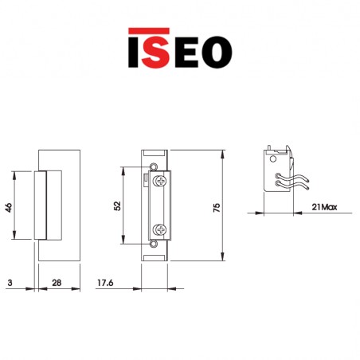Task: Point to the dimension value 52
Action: (x=117, y=205)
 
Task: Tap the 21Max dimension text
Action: (x=323, y=207)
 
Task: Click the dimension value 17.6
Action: (x=104, y=283)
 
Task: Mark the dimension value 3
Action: (x=8, y=283)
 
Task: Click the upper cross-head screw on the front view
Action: (x=162, y=182)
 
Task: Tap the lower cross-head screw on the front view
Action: (x=162, y=231)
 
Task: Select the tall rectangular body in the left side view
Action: (x=64, y=204)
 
